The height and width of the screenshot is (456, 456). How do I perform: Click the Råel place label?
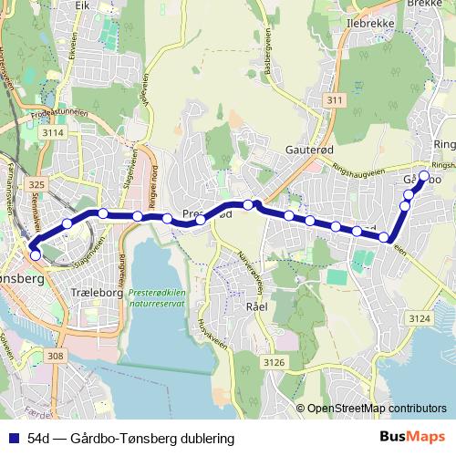point(254,306)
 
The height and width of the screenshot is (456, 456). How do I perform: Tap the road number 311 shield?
point(336,98)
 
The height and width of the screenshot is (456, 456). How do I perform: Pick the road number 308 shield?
point(54,357)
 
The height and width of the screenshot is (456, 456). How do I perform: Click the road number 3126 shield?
point(273,363)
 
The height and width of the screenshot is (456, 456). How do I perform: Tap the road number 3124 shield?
point(419,318)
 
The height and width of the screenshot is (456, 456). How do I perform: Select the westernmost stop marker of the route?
point(35,254)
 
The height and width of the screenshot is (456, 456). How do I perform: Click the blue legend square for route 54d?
point(12,439)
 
